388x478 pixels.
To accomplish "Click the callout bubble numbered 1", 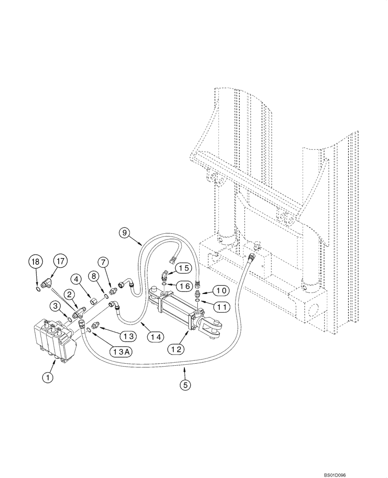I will click(x=47, y=378).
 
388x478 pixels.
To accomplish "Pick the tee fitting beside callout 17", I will click(x=48, y=284).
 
